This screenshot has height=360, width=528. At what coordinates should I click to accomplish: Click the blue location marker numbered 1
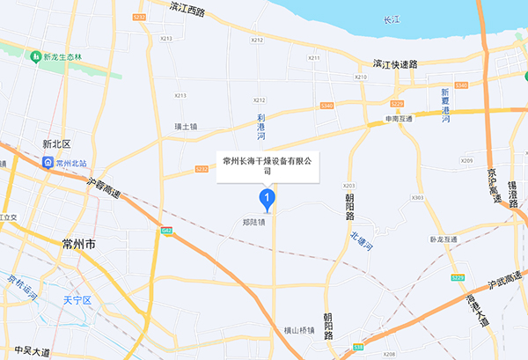coord(268,199)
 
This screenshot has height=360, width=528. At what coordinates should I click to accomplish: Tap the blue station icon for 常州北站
coord(46,162)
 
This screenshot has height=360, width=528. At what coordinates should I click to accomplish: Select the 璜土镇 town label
coord(187,127)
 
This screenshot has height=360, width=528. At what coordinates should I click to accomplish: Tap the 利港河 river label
coord(260,127)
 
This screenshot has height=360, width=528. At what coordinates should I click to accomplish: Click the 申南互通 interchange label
coord(399,118)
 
